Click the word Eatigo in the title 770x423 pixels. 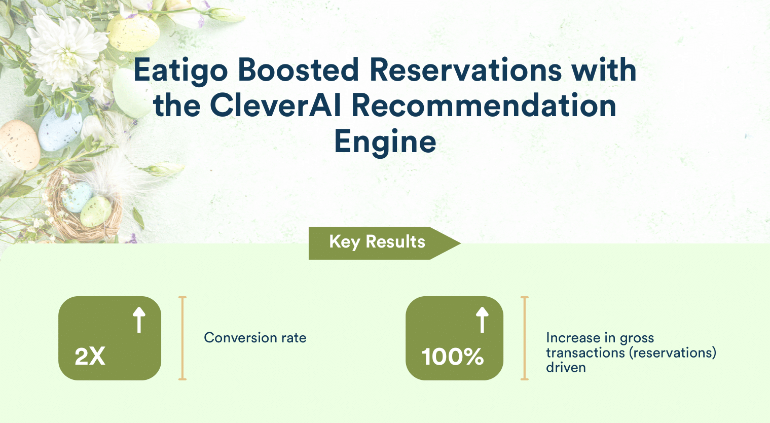[180, 70]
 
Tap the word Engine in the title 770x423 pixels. [385, 142]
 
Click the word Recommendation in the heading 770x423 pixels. [484, 106]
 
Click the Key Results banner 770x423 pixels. [377, 242]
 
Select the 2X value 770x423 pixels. [90, 357]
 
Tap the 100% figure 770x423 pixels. [453, 357]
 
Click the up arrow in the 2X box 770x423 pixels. [139, 320]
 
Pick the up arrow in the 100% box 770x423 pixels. [482, 320]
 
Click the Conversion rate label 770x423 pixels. [255, 338]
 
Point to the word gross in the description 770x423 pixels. [637, 338]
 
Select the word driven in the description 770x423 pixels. [566, 367]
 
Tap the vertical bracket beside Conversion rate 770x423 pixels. [182, 338]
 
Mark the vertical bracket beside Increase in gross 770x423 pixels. [525, 338]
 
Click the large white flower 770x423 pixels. [63, 48]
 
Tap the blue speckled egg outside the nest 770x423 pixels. [60, 129]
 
